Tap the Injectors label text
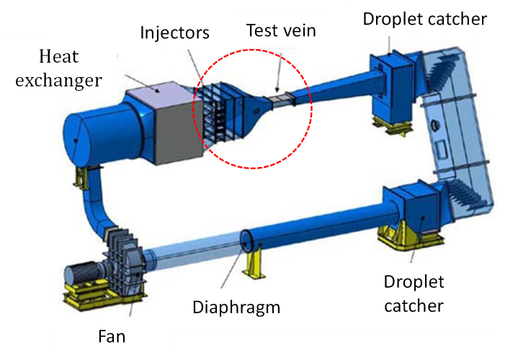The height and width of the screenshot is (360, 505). click(x=175, y=32)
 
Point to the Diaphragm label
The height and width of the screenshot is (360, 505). click(x=236, y=307)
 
